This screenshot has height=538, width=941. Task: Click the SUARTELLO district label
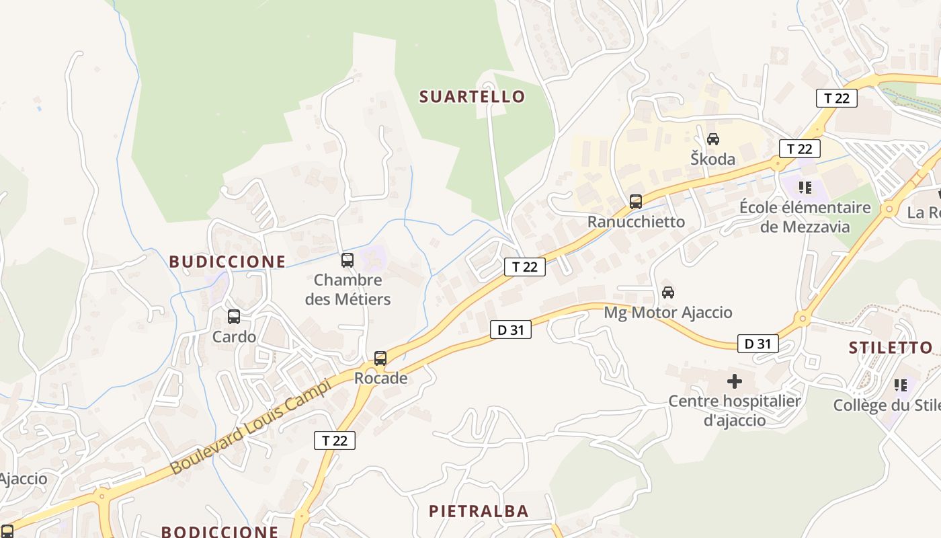click(472, 97)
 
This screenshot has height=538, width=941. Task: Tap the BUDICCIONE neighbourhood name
click(227, 262)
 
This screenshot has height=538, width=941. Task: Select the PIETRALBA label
click(479, 511)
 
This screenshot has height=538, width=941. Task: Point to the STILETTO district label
click(891, 348)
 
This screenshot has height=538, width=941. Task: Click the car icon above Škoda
click(713, 139)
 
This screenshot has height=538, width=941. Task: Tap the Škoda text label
click(713, 159)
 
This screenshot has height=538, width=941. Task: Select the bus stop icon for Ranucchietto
click(636, 201)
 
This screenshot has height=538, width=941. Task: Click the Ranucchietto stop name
click(636, 221)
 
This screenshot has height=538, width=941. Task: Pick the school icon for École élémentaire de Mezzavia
click(805, 187)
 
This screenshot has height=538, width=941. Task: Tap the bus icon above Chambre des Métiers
click(347, 260)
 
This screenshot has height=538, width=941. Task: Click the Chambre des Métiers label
click(347, 289)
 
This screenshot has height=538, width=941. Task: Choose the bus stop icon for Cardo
click(234, 316)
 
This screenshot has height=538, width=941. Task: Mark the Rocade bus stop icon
click(380, 358)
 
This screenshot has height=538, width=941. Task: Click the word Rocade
click(380, 378)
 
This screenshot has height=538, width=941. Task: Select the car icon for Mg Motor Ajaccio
click(668, 293)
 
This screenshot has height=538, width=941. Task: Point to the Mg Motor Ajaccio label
click(668, 313)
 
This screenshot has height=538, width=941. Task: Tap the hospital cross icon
click(735, 381)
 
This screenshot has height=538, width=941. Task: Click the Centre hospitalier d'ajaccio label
click(735, 410)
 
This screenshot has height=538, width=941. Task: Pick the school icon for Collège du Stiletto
click(901, 385)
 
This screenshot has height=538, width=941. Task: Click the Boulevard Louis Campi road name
click(250, 426)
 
